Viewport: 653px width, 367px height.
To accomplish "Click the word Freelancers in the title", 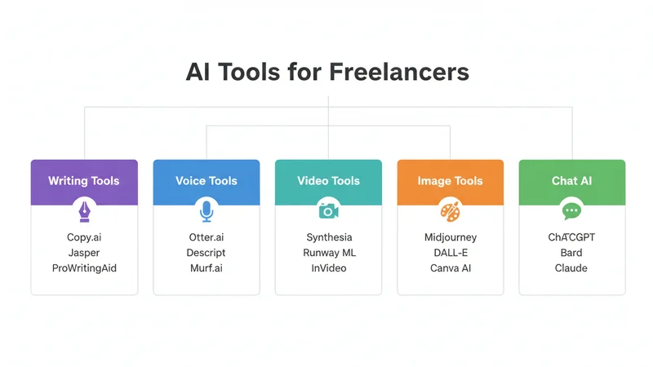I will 399,72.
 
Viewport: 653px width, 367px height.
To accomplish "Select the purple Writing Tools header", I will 84,180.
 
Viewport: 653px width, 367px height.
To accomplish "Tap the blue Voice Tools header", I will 207,180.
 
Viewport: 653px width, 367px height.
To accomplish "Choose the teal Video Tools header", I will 328,180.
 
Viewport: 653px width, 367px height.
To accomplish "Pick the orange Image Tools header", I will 450,180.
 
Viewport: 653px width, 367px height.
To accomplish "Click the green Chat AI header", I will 571,180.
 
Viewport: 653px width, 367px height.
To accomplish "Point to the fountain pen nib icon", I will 84,210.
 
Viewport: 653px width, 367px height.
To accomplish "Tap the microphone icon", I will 207,210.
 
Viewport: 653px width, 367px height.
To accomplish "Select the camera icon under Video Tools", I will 328,210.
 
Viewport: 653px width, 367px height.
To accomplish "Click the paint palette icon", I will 450,210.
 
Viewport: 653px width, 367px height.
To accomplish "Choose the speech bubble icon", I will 571,210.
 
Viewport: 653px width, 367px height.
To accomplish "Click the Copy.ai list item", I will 84,237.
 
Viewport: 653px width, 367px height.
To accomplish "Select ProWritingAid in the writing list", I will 84,268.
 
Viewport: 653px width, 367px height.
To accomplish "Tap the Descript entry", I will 207,253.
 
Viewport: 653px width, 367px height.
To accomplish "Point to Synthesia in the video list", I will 329,237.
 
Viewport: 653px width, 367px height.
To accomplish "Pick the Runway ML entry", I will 329,253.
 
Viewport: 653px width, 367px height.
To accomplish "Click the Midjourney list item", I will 451,237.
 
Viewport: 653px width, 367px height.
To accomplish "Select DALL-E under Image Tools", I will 451,253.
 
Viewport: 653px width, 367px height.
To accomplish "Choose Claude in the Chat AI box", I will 571,268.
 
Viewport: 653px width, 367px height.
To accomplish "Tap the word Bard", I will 571,253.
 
